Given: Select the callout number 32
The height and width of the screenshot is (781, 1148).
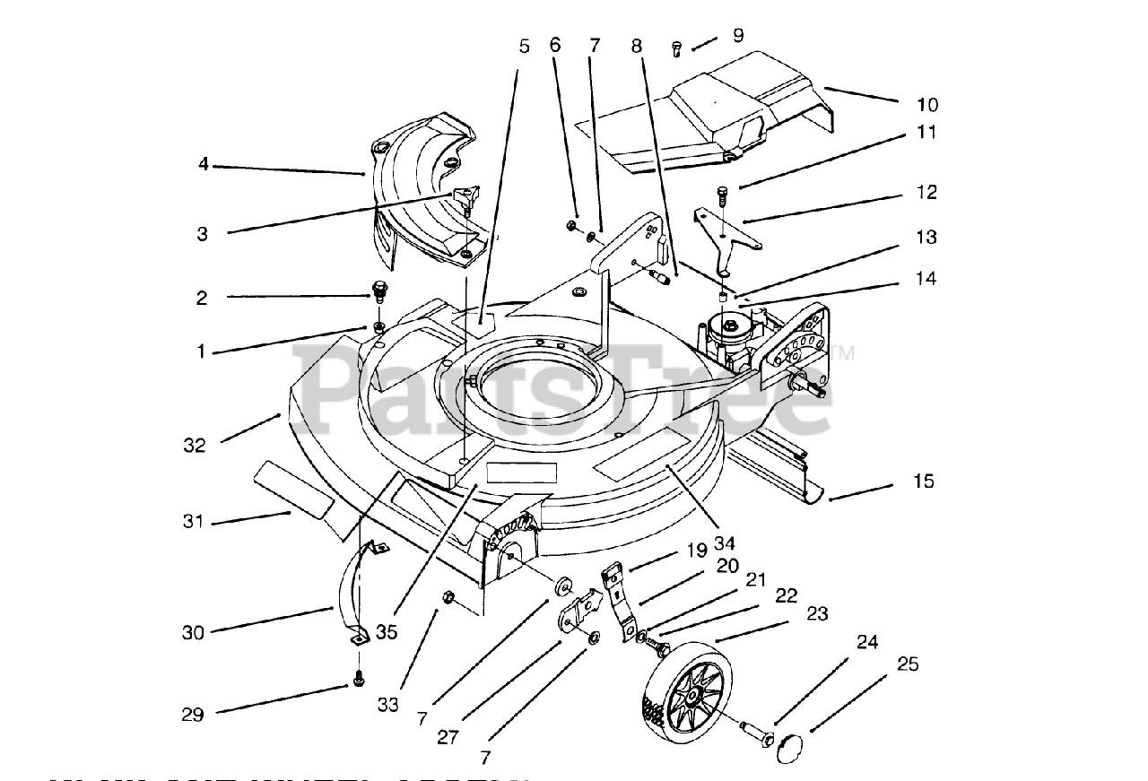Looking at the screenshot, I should [195, 445].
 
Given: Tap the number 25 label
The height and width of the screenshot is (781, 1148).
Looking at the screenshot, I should [907, 664].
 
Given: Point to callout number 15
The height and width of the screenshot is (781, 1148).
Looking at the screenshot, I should [924, 482].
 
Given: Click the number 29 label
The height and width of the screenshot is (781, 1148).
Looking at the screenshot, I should [193, 715].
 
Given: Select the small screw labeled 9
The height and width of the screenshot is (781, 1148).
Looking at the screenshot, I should [678, 50].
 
